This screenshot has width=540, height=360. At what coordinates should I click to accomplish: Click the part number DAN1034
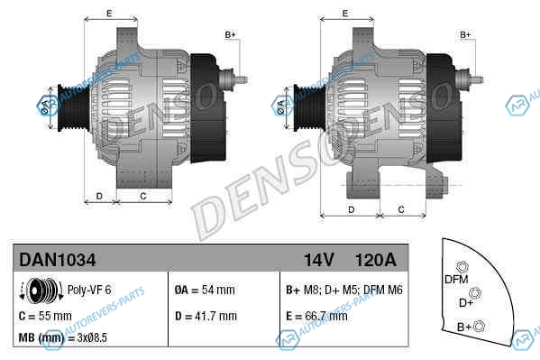click(57, 260)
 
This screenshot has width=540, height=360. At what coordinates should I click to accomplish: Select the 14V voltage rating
click(318, 260)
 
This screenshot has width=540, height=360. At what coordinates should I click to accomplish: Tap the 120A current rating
click(376, 260)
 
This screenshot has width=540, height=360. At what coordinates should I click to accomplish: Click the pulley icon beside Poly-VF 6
click(41, 291)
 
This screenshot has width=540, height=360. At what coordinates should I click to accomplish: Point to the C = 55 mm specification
click(45, 316)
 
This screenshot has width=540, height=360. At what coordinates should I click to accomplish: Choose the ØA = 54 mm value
click(205, 290)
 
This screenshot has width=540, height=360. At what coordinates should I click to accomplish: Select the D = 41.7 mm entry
click(206, 316)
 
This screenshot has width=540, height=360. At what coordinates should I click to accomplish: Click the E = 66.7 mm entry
click(316, 316)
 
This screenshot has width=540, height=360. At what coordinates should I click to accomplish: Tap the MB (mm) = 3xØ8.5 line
click(63, 337)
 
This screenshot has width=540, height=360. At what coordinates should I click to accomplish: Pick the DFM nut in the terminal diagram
click(462, 267)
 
